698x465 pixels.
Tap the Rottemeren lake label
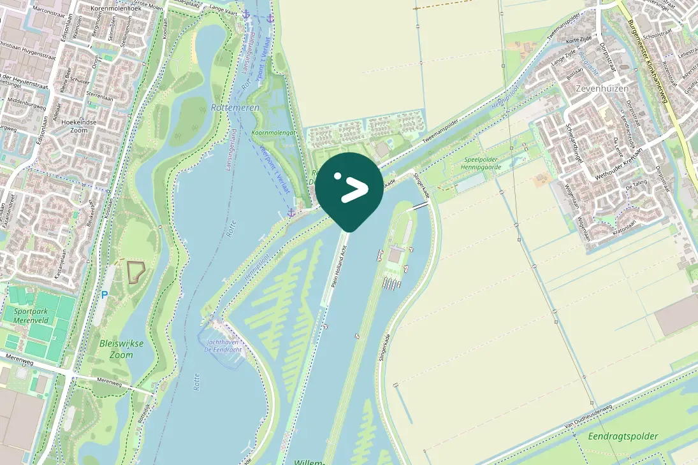235,108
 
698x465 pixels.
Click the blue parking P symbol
104,295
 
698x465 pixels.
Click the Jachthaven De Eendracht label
222,345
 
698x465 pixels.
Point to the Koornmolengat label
274,132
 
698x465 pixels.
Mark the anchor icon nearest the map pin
291,212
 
